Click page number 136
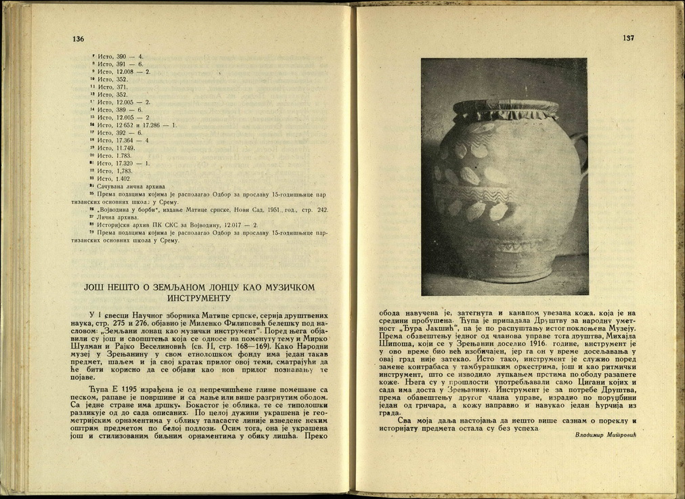pos(78,39)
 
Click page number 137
pos(628,38)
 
